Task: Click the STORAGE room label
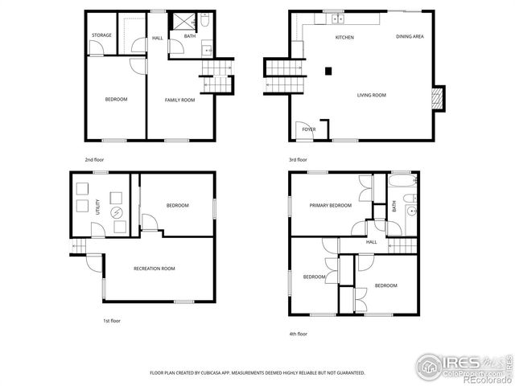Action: [101, 35]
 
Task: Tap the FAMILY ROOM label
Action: [180, 100]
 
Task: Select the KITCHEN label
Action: [344, 38]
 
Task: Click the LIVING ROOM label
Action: [372, 95]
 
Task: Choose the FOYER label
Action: [308, 129]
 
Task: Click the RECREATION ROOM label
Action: [154, 269]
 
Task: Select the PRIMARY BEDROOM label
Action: [331, 205]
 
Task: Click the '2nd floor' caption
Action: [94, 160]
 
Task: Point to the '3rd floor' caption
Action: [298, 160]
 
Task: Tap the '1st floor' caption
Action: [111, 321]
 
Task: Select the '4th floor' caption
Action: [298, 334]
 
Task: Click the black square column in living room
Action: [328, 71]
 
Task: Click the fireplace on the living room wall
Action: [438, 97]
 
